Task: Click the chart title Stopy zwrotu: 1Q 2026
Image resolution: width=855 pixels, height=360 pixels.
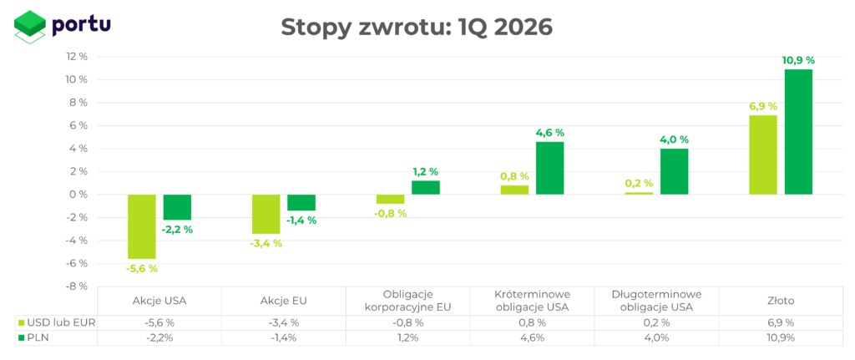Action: pos(417,28)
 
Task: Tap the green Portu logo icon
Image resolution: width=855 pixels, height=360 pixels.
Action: pos(30,26)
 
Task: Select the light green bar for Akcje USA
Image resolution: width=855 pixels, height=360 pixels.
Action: pos(141,226)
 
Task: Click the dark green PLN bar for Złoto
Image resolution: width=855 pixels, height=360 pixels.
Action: pos(798,132)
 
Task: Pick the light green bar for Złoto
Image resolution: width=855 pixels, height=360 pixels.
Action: pos(762,155)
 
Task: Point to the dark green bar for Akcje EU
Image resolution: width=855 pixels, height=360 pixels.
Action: pos(301,202)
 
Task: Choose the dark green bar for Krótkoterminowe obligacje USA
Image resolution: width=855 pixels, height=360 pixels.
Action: pos(549,168)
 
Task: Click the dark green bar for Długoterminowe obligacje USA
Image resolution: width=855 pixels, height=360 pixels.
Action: pos(674,171)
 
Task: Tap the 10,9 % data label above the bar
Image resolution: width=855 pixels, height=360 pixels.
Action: pos(798,60)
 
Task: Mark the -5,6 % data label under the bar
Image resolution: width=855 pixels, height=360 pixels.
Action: pos(141,268)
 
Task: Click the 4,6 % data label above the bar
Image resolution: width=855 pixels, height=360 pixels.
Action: pos(549,133)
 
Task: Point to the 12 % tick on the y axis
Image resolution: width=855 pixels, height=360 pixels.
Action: pos(77,57)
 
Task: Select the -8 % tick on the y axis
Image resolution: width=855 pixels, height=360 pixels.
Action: pos(77,286)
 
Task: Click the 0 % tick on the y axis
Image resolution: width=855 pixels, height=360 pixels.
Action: pos(79,195)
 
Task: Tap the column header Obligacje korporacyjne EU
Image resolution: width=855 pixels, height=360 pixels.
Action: pos(408,301)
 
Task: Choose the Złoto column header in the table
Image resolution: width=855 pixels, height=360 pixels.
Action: pos(781,301)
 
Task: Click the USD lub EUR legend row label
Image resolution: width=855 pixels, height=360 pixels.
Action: pos(57,322)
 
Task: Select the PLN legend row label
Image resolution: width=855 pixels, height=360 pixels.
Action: pos(38,337)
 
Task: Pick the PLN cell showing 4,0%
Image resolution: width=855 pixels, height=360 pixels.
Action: pos(656,337)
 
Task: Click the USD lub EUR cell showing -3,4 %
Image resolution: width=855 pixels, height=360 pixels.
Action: pos(284,322)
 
